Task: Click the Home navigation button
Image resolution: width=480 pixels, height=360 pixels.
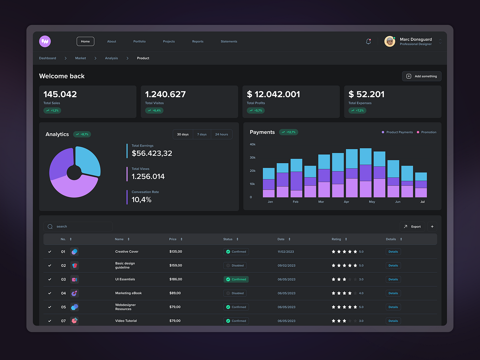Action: (85, 41)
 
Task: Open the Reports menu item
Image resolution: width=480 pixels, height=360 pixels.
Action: (198, 42)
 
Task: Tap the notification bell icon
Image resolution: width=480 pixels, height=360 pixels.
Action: (368, 42)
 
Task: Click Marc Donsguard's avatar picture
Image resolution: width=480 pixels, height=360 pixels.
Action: (390, 41)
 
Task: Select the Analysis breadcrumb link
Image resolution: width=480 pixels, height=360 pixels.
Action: (111, 58)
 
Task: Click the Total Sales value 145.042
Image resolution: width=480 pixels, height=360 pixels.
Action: (60, 94)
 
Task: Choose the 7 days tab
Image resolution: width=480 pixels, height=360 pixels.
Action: (202, 134)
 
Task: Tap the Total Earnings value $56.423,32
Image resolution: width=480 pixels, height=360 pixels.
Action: (152, 153)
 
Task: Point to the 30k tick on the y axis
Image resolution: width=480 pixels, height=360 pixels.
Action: (252, 158)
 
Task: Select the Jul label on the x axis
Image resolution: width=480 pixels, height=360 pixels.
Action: (422, 202)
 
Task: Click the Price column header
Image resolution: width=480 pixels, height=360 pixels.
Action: (173, 239)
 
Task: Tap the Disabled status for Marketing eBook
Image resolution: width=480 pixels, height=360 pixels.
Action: (235, 293)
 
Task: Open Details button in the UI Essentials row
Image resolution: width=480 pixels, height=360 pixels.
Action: (393, 279)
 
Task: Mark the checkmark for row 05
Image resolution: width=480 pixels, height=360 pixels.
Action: (50, 307)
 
